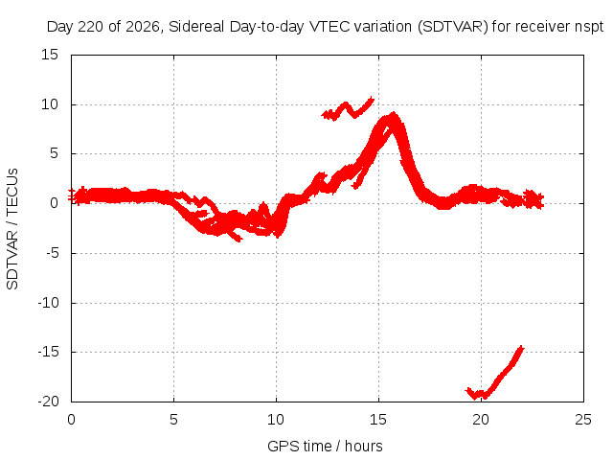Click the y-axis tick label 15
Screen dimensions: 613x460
(50, 55)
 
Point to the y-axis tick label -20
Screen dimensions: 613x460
(48, 402)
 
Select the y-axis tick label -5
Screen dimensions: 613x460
(52, 253)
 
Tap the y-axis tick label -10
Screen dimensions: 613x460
(48, 303)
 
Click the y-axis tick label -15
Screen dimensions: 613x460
(48, 352)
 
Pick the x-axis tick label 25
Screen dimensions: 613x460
(583, 420)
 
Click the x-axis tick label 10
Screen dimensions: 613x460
(276, 420)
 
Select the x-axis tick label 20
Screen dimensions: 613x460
(481, 420)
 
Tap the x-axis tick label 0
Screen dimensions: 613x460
(71, 420)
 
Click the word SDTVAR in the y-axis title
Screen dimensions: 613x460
(12, 260)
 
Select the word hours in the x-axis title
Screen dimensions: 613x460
(364, 446)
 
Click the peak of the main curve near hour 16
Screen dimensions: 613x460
(394, 114)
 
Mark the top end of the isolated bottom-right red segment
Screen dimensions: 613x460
(522, 347)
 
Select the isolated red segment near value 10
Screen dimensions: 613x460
(348, 108)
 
